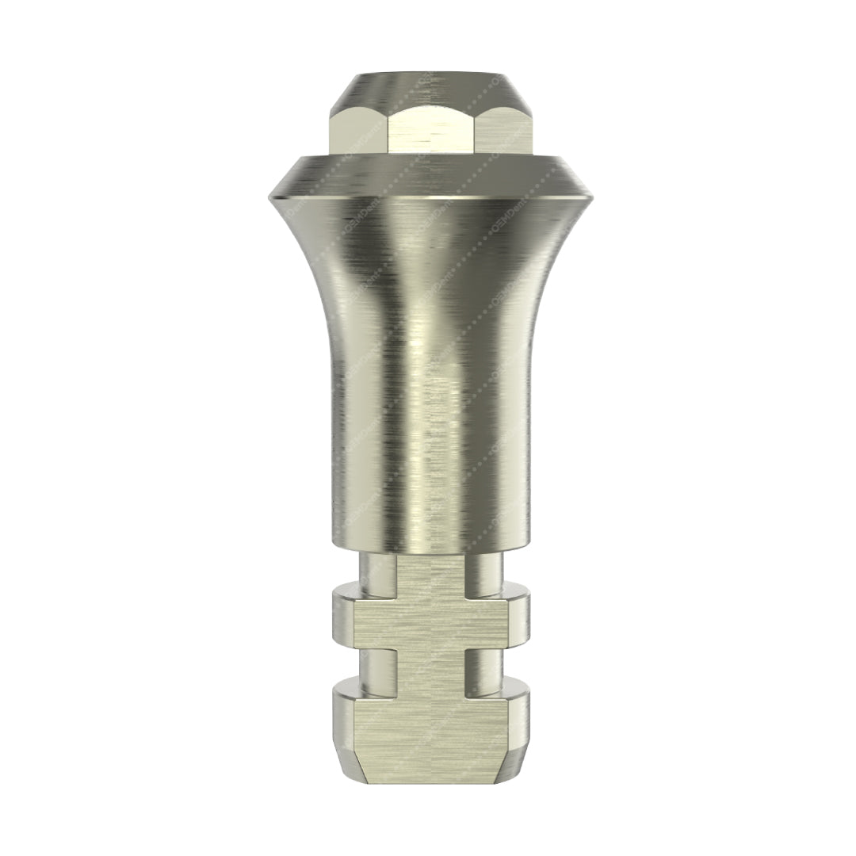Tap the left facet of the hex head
[x=355, y=131]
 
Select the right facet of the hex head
[x=502, y=131]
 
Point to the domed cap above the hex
[x=429, y=88]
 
